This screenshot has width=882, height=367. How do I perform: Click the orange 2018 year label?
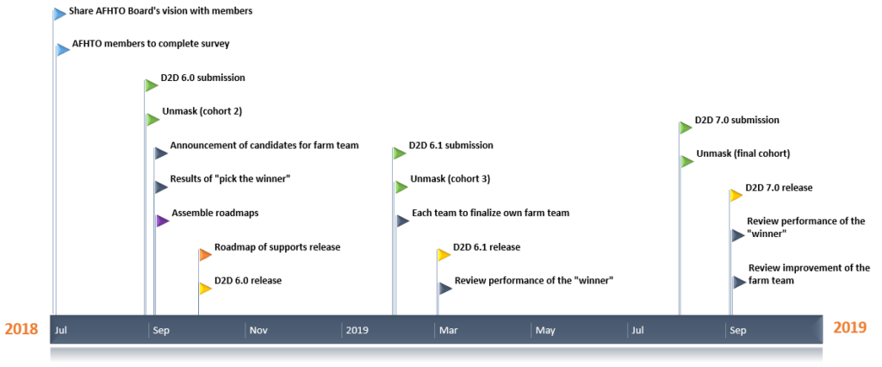(22, 329)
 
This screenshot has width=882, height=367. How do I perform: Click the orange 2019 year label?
(850, 327)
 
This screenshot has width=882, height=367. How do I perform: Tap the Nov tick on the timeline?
(258, 331)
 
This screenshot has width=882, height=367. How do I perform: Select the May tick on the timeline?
(544, 331)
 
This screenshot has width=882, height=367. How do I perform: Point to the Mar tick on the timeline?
(448, 331)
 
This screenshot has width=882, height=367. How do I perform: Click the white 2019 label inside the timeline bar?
(357, 331)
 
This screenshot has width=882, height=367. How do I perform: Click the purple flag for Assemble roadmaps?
(162, 221)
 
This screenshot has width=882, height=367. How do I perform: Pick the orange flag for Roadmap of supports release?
(205, 254)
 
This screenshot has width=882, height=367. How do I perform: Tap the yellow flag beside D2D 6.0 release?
(205, 289)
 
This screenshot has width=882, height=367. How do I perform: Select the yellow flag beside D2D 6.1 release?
(444, 254)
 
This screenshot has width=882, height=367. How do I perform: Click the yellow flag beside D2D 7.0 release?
(736, 196)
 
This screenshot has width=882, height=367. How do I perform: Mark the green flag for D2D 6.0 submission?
(152, 85)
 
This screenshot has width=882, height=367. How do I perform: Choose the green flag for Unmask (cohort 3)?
(401, 187)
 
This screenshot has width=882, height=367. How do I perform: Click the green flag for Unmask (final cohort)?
(686, 162)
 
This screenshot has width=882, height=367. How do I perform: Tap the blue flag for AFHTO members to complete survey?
(63, 49)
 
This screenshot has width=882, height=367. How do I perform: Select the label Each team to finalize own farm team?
(490, 214)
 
